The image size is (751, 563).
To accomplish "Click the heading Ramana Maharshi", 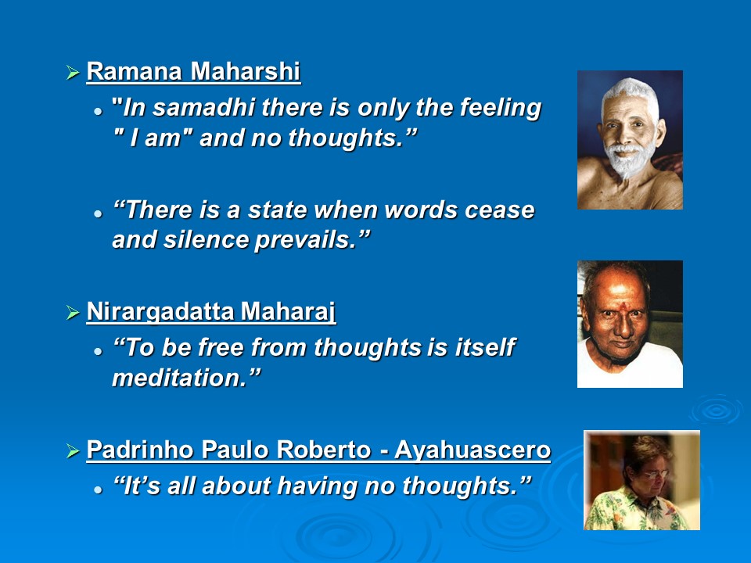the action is tap(193, 72).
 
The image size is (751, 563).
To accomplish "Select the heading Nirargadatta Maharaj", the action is tap(211, 312).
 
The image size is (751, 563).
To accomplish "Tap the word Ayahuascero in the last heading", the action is tap(473, 450).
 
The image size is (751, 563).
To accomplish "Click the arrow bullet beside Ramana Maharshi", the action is tap(73, 73).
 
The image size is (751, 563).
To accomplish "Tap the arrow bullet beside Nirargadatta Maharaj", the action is tap(73, 313).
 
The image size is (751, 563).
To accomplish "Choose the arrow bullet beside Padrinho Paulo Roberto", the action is tap(73, 451).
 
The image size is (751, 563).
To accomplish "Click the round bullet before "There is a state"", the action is tap(99, 213).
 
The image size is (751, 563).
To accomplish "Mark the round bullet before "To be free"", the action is tap(99, 351).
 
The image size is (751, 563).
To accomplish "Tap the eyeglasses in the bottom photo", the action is tap(655, 474).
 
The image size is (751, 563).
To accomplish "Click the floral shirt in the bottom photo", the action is tap(632, 511).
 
